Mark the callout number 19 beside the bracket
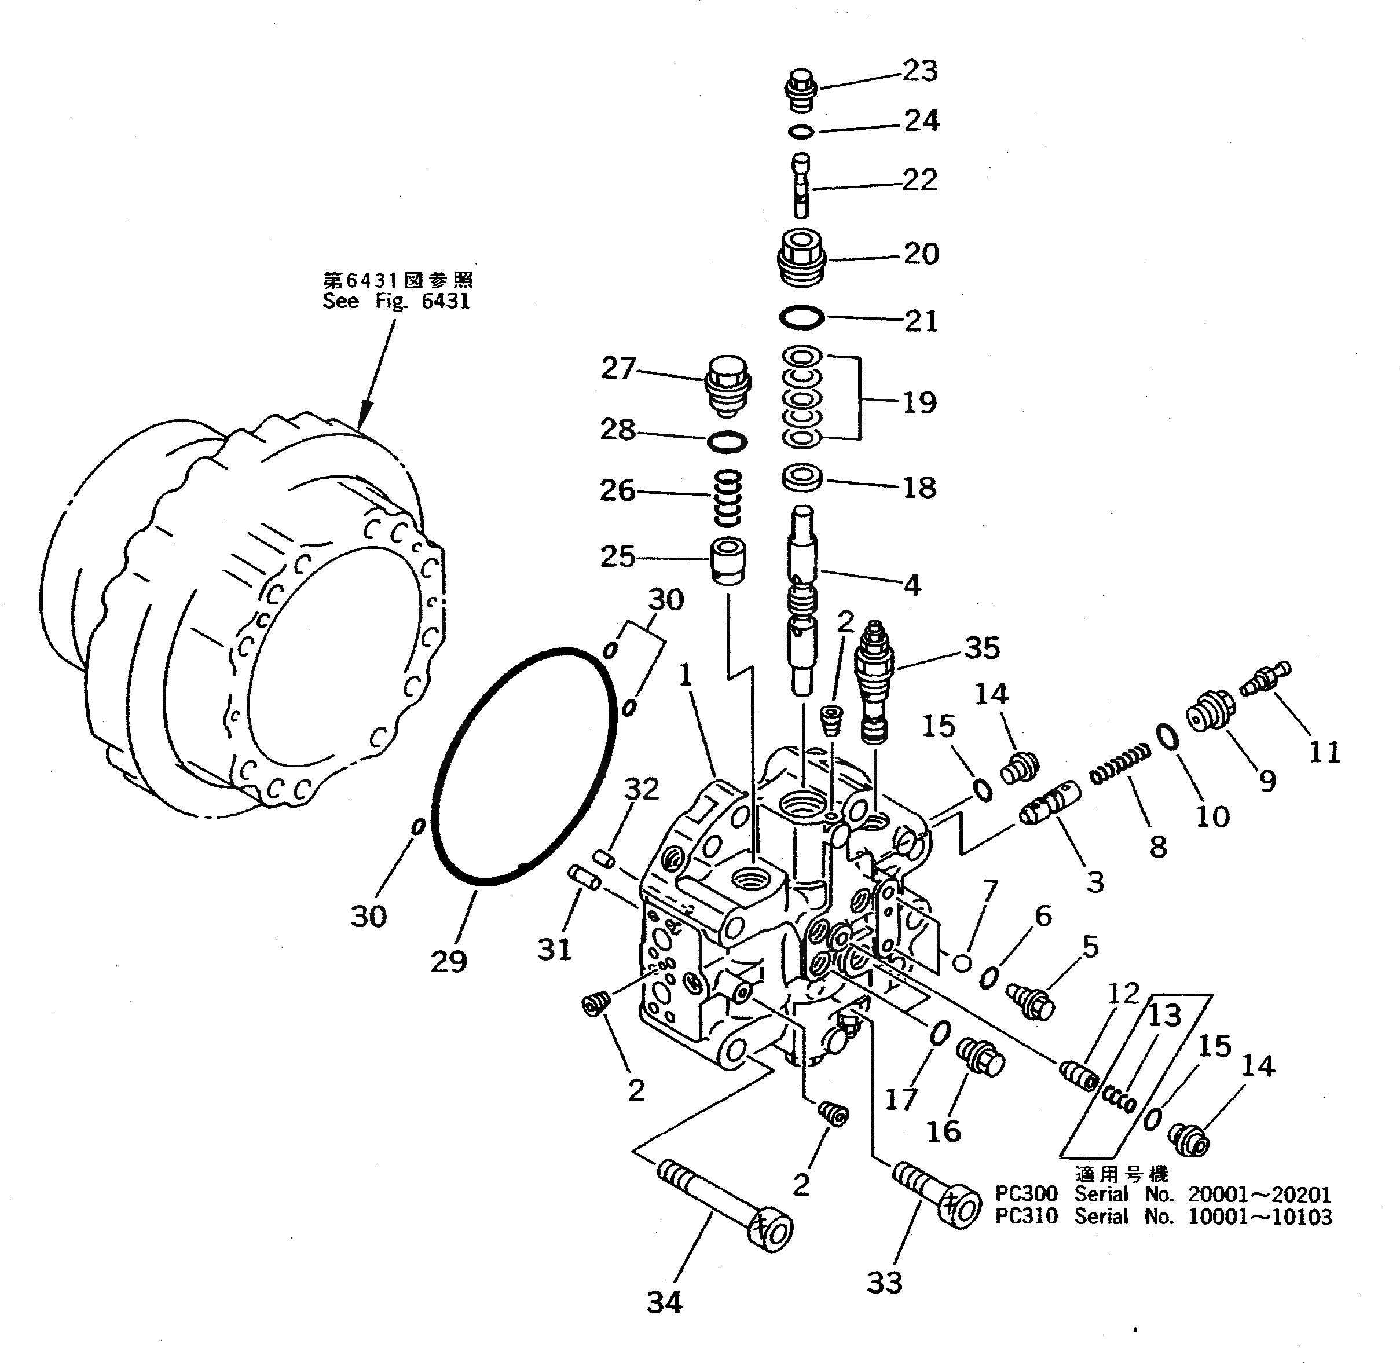pyautogui.click(x=919, y=402)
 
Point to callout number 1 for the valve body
pyautogui.click(x=685, y=675)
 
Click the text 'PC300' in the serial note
pyautogui.click(x=1025, y=1193)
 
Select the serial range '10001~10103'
pyautogui.click(x=1260, y=1217)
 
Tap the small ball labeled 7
pyautogui.click(x=963, y=963)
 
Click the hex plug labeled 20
pyautogui.click(x=802, y=258)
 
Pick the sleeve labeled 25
pyautogui.click(x=728, y=560)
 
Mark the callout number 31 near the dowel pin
pyautogui.click(x=555, y=950)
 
